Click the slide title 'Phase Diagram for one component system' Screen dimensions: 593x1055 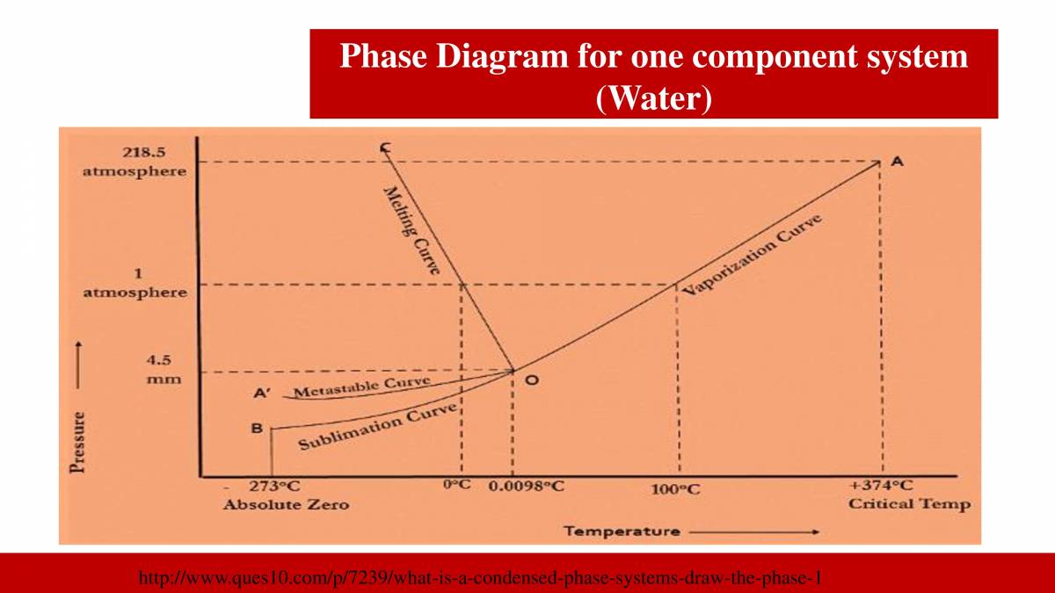click(653, 57)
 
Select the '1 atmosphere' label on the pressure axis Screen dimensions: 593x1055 click(135, 284)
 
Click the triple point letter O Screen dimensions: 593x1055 click(531, 380)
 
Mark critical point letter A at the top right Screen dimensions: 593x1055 click(897, 161)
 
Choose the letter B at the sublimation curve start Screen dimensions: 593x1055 click(257, 429)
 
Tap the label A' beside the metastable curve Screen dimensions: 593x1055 click(262, 394)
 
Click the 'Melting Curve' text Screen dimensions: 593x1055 click(411, 230)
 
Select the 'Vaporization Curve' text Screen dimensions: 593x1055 click(753, 255)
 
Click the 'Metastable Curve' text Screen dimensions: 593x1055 click(361, 387)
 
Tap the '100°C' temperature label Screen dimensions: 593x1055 click(676, 489)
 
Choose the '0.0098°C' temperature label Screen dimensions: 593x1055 click(526, 487)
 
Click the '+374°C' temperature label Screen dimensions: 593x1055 click(881, 486)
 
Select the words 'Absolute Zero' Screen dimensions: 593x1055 click(286, 504)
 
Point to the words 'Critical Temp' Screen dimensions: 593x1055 click(909, 504)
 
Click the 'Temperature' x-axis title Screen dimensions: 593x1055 click(622, 531)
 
